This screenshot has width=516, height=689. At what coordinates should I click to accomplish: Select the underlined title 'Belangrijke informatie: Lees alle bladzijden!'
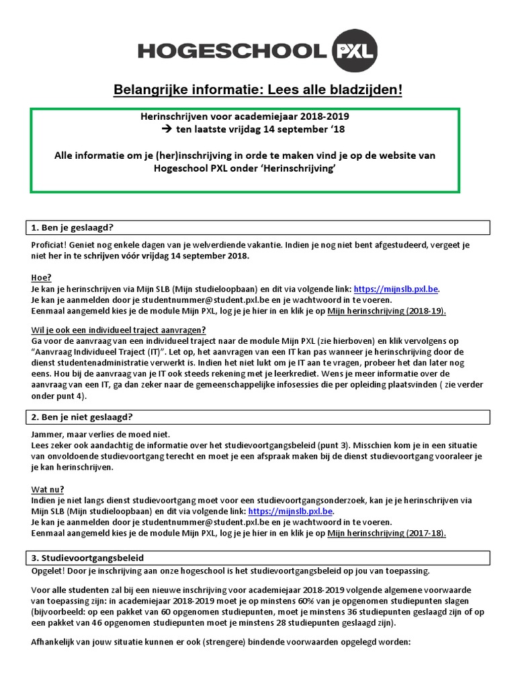click(x=257, y=90)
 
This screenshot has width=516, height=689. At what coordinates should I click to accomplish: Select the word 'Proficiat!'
click(x=51, y=246)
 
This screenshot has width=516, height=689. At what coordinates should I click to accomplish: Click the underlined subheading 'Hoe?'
click(x=42, y=277)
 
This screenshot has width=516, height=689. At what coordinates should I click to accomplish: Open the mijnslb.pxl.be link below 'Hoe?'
click(x=396, y=289)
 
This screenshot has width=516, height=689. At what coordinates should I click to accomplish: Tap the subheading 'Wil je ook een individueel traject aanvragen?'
click(x=118, y=330)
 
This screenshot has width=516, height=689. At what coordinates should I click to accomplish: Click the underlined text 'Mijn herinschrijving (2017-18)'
click(x=387, y=533)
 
